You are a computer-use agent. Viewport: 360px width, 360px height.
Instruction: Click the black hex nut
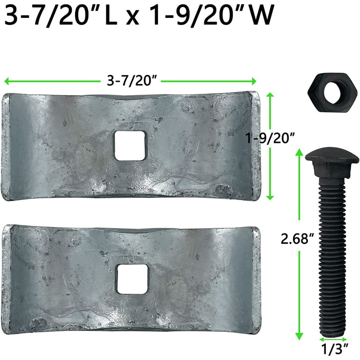[332, 92]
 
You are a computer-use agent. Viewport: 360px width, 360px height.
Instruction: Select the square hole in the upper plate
[130, 146]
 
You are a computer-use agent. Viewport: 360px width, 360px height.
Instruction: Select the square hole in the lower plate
[132, 279]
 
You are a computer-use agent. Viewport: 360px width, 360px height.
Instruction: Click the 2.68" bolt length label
[297, 239]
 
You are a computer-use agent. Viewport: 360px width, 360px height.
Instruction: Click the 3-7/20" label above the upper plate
[132, 81]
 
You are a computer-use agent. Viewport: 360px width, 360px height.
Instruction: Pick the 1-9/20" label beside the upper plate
[270, 138]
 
